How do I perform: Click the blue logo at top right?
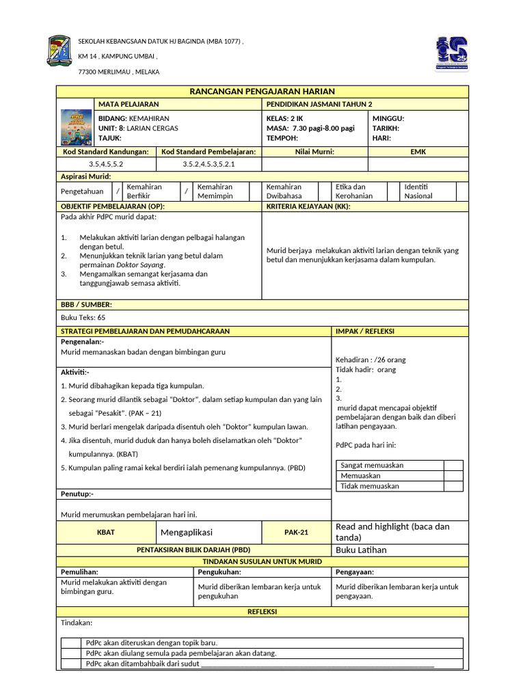453,53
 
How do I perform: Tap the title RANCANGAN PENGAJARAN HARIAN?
262,92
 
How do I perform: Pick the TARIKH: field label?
386,128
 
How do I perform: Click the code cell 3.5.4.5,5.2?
106,164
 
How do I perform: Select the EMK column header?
418,152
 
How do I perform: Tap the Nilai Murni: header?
314,152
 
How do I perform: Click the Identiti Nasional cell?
418,191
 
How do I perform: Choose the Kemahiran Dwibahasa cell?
284,191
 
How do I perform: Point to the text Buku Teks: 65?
83,317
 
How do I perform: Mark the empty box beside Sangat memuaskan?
453,466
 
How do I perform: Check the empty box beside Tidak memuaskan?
453,486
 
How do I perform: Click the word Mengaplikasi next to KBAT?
187,533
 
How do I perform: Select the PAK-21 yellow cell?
296,533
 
